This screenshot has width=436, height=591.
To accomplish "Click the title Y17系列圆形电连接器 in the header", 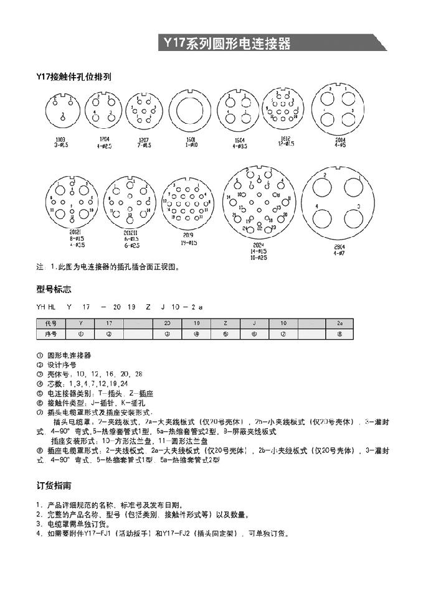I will [227, 44].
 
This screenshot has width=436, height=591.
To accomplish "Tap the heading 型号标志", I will [54, 289].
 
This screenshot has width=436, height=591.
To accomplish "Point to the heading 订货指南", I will [54, 485].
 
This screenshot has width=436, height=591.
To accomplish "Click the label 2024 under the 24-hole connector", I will [258, 244].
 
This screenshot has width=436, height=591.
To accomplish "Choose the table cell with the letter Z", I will [225, 323].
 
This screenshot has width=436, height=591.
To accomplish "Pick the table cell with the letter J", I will [254, 323].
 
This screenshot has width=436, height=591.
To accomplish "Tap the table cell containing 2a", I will [339, 323].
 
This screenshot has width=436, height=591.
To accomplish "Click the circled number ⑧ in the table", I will [339, 333].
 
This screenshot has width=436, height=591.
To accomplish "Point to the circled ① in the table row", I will [80, 333].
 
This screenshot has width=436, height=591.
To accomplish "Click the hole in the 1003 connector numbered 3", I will [64, 116].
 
